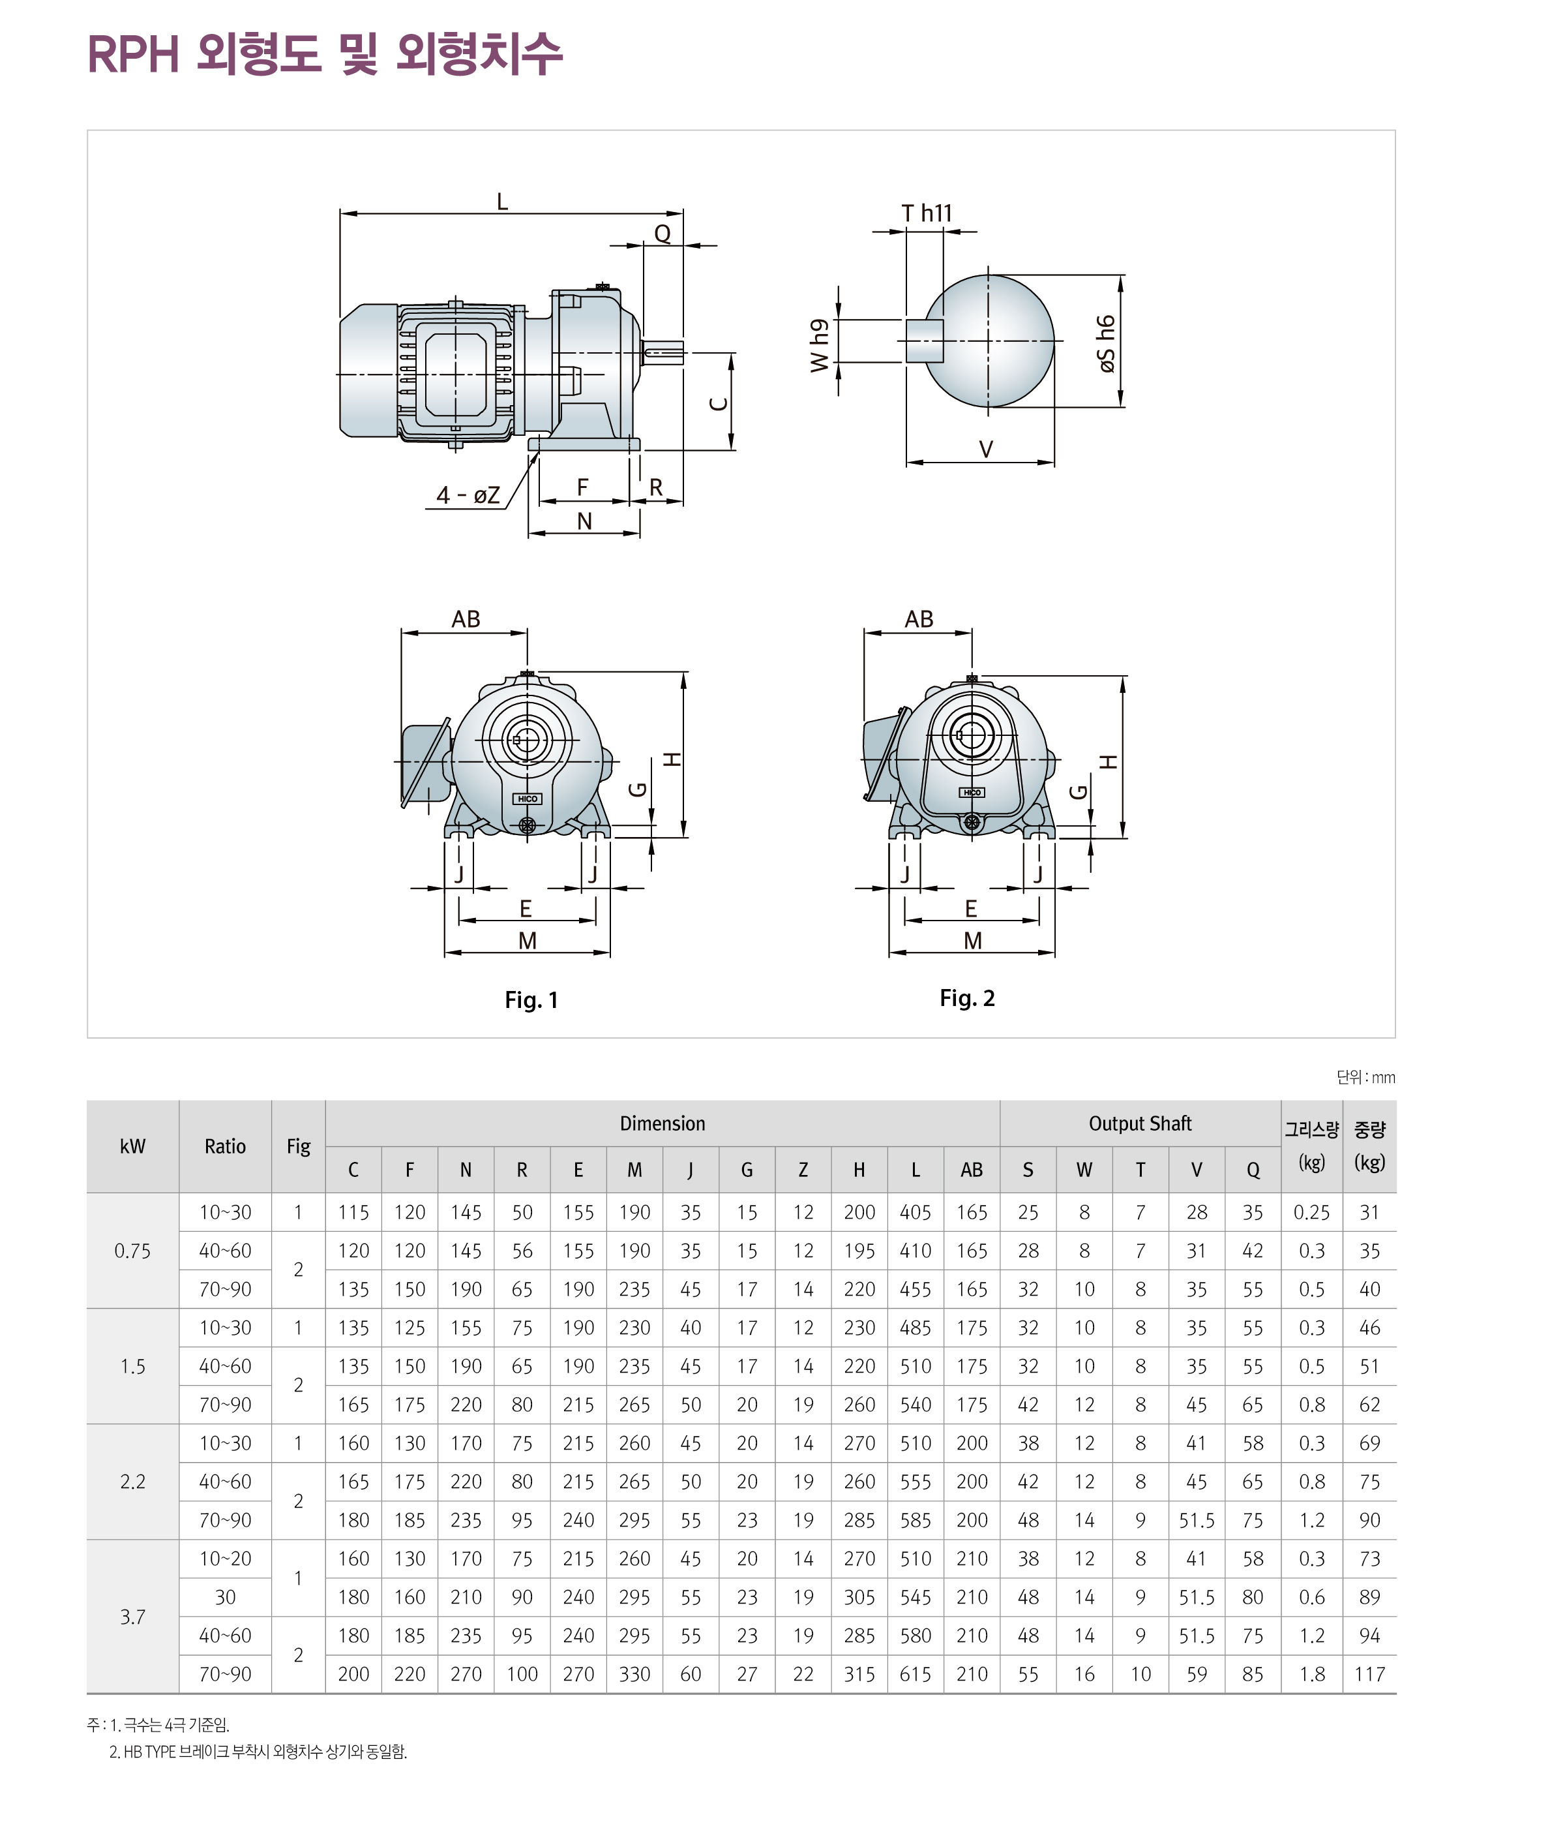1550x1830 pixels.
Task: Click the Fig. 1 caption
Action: click(x=531, y=1000)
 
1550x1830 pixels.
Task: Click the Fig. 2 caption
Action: click(x=966, y=998)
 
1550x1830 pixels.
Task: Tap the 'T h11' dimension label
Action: click(x=926, y=213)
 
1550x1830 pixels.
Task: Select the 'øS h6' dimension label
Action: click(x=1107, y=344)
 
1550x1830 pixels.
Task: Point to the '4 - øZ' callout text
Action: click(x=468, y=496)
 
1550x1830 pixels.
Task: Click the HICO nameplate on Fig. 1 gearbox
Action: click(x=528, y=799)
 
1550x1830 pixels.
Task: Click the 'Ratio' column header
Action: click(x=225, y=1146)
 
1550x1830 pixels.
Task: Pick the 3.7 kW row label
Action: click(x=132, y=1617)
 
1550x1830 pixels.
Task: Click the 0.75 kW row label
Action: click(x=132, y=1251)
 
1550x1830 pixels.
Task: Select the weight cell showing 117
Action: click(x=1369, y=1675)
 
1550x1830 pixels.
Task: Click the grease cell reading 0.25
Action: click(x=1311, y=1213)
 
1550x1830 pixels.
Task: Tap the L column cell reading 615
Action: click(x=915, y=1675)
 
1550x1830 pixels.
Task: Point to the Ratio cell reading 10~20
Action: click(x=225, y=1559)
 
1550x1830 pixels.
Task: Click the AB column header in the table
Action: click(x=971, y=1170)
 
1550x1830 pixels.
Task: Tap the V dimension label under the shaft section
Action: click(x=986, y=449)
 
